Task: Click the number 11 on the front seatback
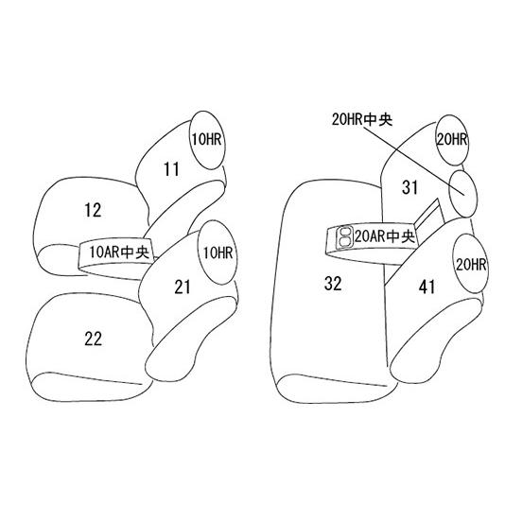tap(171, 169)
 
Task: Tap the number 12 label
tap(93, 210)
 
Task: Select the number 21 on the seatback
tap(183, 287)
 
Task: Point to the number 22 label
tap(93, 339)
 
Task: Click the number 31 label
tap(410, 187)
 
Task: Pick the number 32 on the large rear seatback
tap(333, 284)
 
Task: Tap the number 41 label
tap(427, 287)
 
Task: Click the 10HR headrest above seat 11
tap(207, 140)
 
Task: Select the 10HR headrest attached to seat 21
tap(218, 252)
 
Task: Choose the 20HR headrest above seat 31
tap(452, 140)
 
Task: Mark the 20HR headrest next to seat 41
tap(471, 264)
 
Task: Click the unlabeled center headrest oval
tap(462, 194)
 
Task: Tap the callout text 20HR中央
tap(362, 120)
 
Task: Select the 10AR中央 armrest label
tap(119, 252)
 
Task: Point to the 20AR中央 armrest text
tap(385, 236)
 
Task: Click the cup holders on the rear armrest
tap(345, 237)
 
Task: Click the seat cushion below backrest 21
tap(192, 339)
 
